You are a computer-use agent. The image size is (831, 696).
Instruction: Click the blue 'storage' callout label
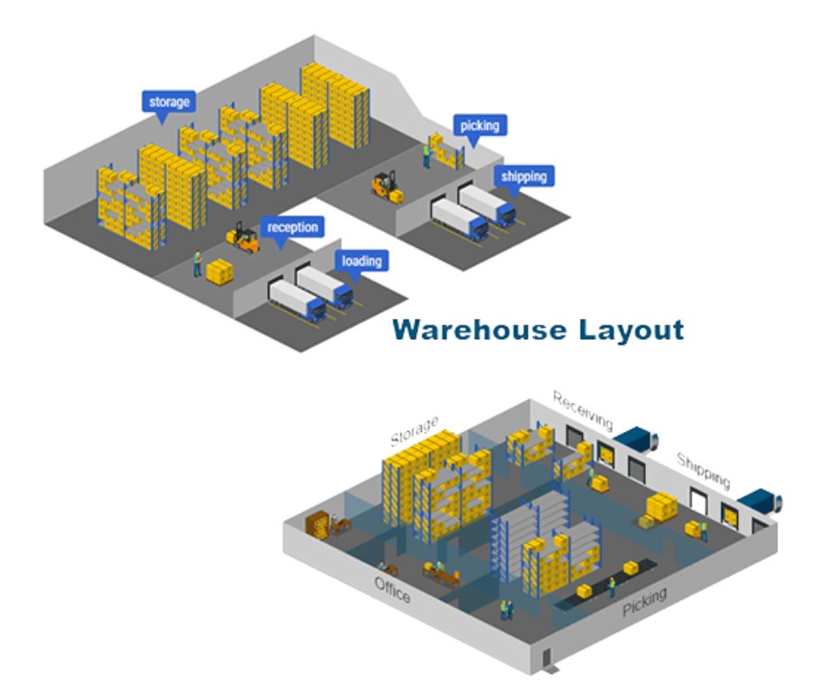click(168, 102)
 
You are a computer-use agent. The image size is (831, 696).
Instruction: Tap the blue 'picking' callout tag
click(479, 125)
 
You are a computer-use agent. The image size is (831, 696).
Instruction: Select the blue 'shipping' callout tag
click(523, 176)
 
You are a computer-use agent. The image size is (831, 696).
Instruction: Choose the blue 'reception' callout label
click(292, 228)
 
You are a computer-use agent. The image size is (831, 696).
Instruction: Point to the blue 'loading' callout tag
click(362, 261)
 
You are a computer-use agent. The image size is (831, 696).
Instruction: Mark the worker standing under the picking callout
click(425, 155)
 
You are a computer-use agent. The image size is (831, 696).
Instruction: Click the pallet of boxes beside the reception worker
click(219, 271)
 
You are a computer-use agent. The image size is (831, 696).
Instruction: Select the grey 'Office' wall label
click(392, 590)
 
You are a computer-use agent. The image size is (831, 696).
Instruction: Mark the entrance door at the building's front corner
click(546, 658)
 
